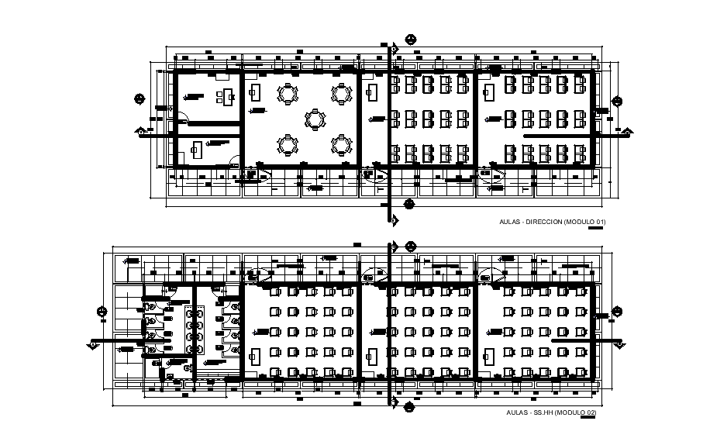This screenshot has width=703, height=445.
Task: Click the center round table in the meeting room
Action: coord(315,119)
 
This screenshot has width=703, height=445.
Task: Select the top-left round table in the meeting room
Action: coord(288,94)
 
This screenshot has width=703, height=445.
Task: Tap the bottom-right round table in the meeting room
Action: coord(341,145)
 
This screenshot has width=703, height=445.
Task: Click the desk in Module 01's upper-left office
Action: coord(226,96)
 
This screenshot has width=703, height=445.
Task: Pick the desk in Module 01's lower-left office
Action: coord(198,148)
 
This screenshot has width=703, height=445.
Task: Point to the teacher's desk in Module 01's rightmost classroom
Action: coord(489,92)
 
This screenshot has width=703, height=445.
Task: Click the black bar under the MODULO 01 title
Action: coord(595,228)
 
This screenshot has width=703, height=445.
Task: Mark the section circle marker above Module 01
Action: coord(410,40)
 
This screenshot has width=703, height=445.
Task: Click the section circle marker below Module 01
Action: coord(408,204)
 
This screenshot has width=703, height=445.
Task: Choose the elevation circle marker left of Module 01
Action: coord(140,98)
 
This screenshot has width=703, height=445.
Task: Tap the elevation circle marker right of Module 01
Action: coord(618,101)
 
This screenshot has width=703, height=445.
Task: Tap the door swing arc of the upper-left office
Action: coord(181,119)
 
